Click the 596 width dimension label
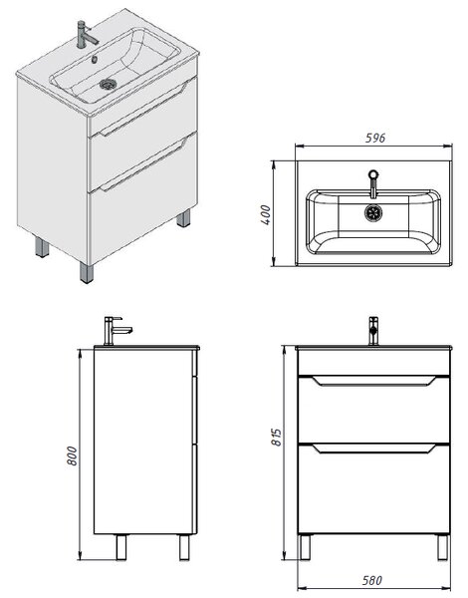coord(375,138)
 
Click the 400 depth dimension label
coord(266,214)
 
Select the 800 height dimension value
coord(72,455)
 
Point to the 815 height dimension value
coord(277,437)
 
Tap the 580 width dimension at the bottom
coord(372,580)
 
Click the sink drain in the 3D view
coord(108,84)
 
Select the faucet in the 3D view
coord(86,34)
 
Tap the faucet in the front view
coord(373,331)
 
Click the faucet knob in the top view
coord(373,174)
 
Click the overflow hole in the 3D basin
coord(95,59)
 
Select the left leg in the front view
coord(305,547)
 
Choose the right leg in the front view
coord(443,547)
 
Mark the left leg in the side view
coord(121,547)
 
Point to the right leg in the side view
coord(184,547)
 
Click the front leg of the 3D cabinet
coord(87,273)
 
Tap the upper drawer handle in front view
coord(373,381)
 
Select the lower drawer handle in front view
coord(373,448)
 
